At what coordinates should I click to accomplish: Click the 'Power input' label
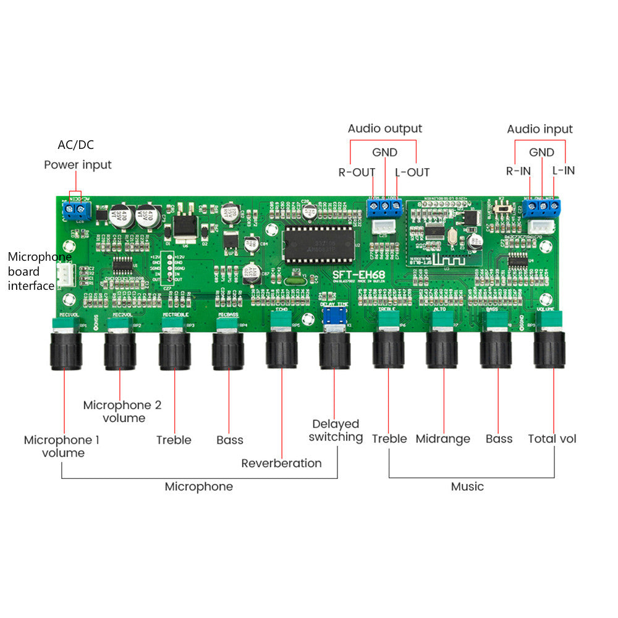coord(77,165)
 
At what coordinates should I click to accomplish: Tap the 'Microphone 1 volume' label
coord(61,446)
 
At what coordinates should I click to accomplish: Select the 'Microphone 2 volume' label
coord(122,412)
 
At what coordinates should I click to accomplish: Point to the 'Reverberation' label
coord(281,463)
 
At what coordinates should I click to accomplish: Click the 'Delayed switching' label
coord(336,430)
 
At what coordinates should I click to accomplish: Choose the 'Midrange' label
coord(442,439)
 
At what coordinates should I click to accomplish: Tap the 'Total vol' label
coord(552,439)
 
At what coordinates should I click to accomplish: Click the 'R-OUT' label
coord(357,172)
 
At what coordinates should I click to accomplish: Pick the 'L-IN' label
coord(563,170)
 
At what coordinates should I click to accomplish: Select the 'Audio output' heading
coord(384,129)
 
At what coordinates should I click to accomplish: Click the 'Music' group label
coord(467,486)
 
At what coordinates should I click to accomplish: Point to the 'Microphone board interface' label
coord(32,271)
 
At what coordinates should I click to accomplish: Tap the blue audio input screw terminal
coord(543,207)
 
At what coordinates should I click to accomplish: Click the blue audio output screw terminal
coord(385,207)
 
